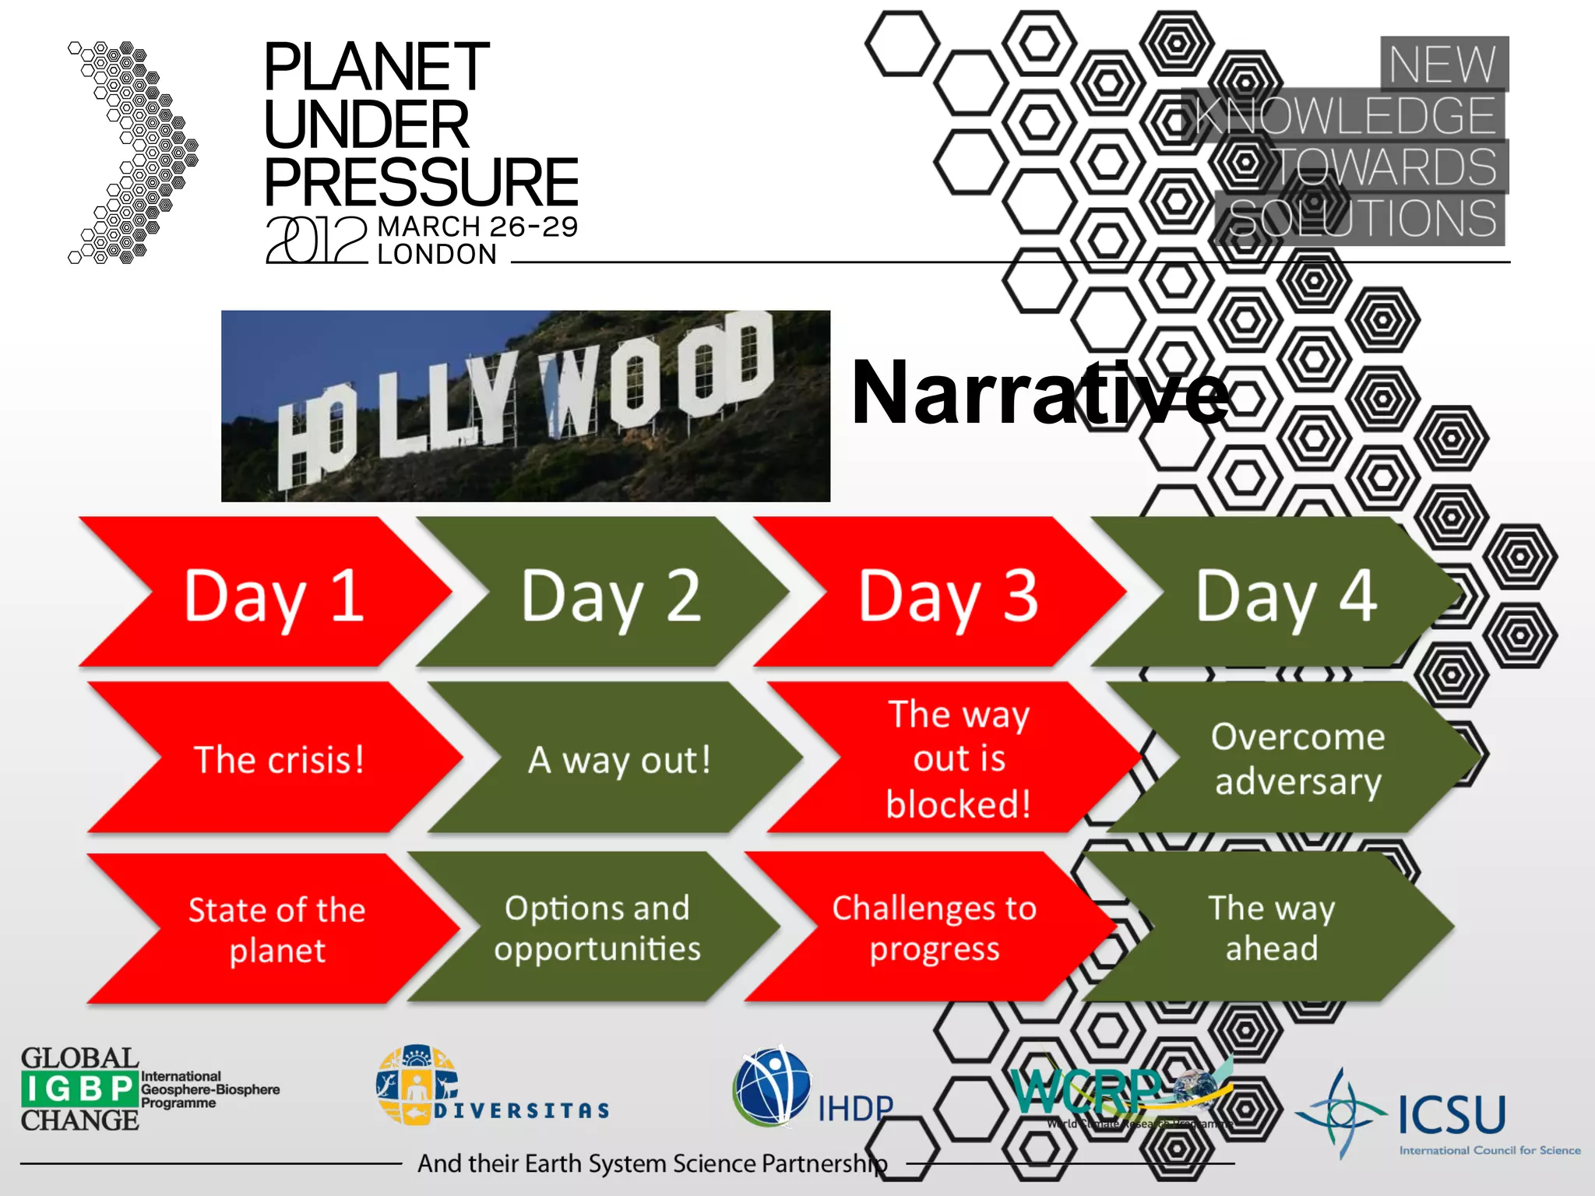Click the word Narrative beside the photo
[x=1040, y=393]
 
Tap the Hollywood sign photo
[x=526, y=406]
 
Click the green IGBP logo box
[x=79, y=1089]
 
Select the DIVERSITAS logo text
[x=521, y=1110]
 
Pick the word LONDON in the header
[x=437, y=255]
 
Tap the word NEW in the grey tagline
[x=1442, y=64]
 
